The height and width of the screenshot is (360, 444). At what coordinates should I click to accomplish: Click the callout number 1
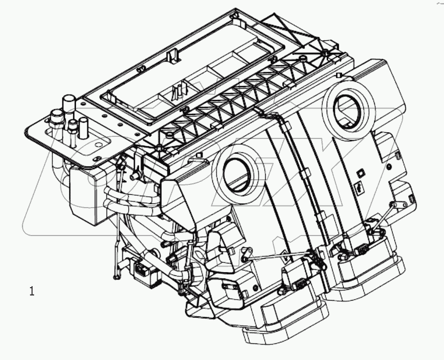[32, 291]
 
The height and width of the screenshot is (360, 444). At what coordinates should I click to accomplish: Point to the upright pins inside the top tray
[178, 90]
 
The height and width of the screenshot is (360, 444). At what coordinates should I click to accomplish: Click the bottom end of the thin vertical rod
[117, 277]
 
